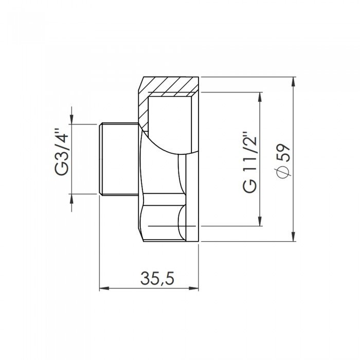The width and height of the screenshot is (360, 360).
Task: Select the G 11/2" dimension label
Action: (249, 163)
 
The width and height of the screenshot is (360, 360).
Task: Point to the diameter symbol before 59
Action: (284, 172)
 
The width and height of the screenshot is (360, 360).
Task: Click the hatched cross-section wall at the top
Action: (170, 85)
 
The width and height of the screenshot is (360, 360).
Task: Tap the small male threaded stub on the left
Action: (117, 159)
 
